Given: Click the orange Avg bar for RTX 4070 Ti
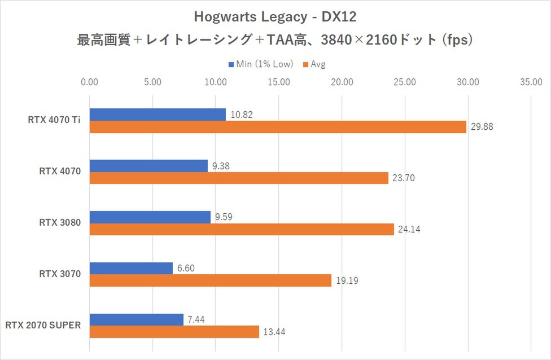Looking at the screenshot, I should pyautogui.click(x=278, y=127).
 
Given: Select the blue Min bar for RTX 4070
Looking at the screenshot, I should pyautogui.click(x=148, y=166).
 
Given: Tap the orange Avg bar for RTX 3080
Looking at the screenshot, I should pyautogui.click(x=242, y=229).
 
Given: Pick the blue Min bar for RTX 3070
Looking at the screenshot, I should pyautogui.click(x=131, y=269).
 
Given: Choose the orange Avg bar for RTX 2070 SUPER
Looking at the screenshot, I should pyautogui.click(x=174, y=332).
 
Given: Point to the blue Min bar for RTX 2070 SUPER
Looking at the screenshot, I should pyautogui.click(x=136, y=319).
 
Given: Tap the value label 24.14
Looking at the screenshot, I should pyautogui.click(x=409, y=229).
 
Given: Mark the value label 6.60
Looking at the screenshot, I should pyautogui.click(x=186, y=269).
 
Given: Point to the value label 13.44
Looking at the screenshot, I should pyautogui.click(x=274, y=332).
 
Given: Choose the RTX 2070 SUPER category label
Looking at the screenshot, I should pyautogui.click(x=43, y=325).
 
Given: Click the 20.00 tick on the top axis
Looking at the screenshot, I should pyautogui.click(x=342, y=82).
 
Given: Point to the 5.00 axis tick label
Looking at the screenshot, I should pyautogui.click(x=152, y=82).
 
